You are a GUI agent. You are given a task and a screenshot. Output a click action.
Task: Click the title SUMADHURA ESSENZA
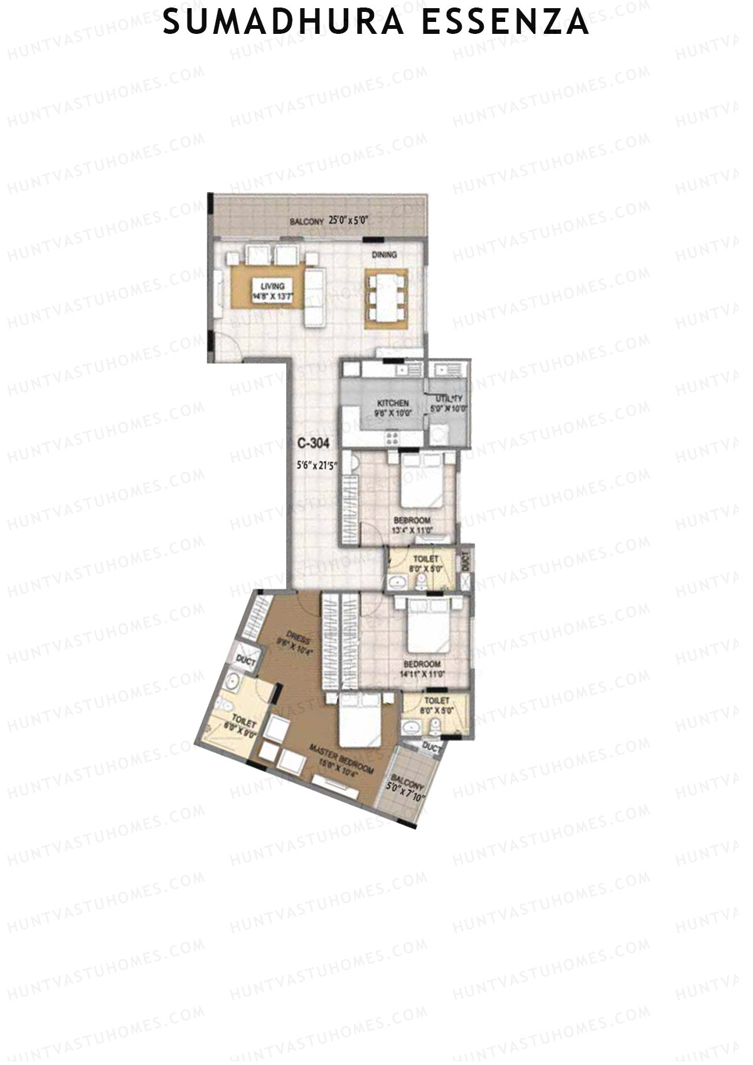[x=376, y=23]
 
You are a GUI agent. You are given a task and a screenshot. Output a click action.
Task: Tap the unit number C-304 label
[x=313, y=443]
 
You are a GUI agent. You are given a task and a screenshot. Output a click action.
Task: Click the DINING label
[x=384, y=255]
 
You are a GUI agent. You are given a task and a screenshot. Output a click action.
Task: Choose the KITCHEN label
[x=393, y=403]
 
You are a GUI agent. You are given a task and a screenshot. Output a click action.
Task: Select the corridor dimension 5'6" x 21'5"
[x=317, y=466]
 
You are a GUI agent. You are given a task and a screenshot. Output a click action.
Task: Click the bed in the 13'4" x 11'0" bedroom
[x=423, y=483]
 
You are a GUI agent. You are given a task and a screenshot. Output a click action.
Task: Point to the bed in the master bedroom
[x=356, y=725]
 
